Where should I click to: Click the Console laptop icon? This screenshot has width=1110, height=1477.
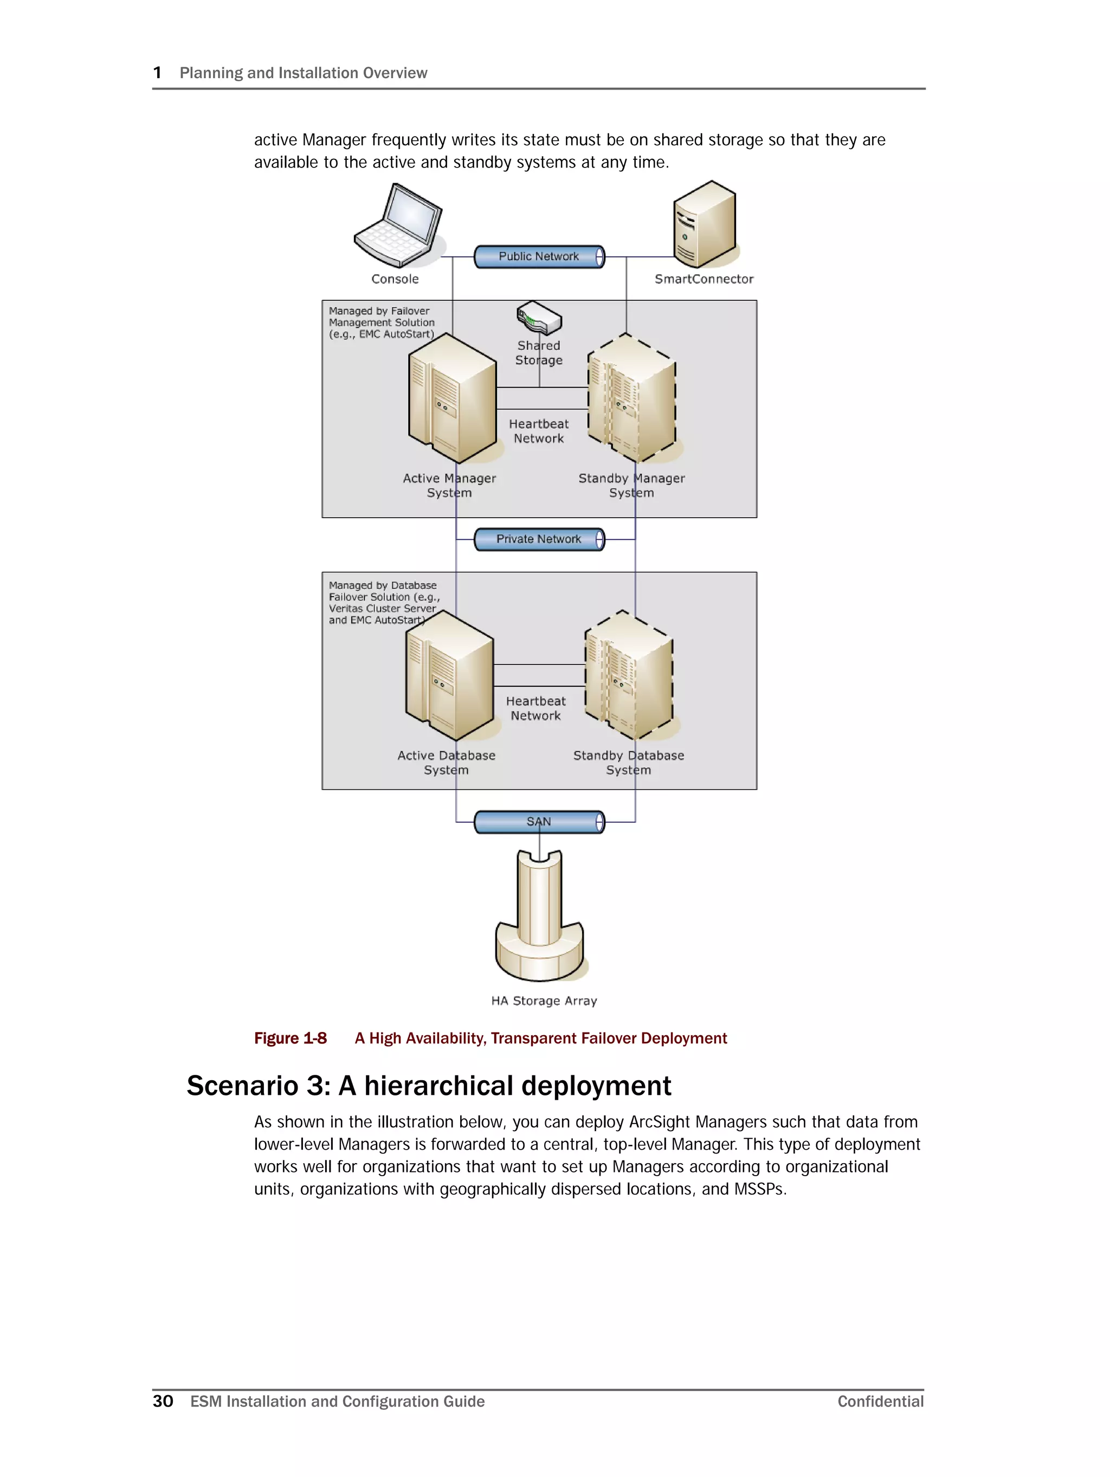(x=398, y=225)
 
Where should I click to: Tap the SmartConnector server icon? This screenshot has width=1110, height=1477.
(x=704, y=225)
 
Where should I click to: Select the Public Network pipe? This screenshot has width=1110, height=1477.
(x=539, y=256)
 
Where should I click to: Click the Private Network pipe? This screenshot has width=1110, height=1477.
(x=539, y=539)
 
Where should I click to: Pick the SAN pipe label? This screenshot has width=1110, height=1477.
(x=538, y=822)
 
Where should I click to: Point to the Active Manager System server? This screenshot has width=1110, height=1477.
(x=452, y=398)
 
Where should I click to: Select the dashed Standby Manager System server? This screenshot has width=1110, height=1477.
(x=631, y=398)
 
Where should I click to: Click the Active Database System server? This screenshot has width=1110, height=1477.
(x=449, y=676)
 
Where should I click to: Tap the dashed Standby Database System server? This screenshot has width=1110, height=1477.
(x=629, y=676)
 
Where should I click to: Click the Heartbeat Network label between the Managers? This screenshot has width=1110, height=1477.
(x=539, y=431)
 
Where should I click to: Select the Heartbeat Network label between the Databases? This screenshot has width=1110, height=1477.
(x=535, y=708)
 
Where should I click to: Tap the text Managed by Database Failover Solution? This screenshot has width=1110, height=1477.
(x=383, y=602)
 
